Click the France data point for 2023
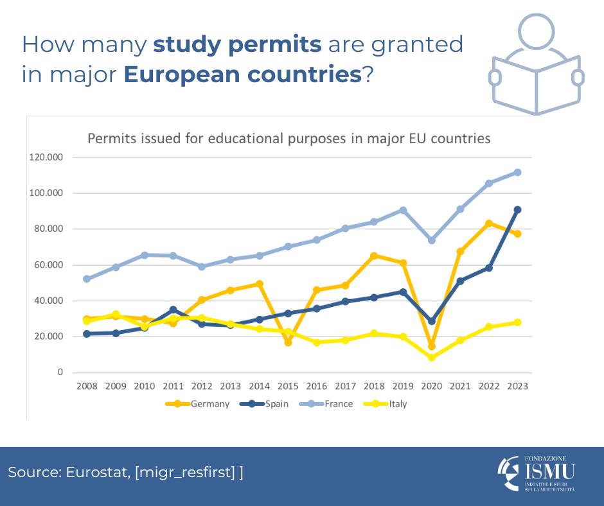click(x=517, y=172)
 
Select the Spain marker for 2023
click(x=517, y=209)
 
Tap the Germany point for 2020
click(x=431, y=346)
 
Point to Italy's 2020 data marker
click(x=431, y=357)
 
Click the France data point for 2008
click(x=86, y=279)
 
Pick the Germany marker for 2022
click(x=488, y=223)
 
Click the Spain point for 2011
click(x=173, y=310)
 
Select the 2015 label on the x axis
click(x=287, y=387)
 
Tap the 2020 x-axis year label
click(x=431, y=387)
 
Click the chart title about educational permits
click(x=289, y=138)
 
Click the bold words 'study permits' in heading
click(x=237, y=45)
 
